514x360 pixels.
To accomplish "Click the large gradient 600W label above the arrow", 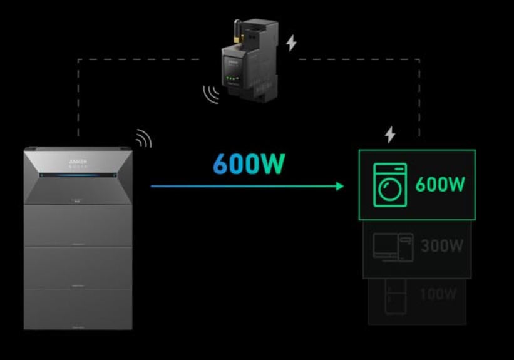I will [x=249, y=164].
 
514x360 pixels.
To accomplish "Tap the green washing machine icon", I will [x=390, y=185].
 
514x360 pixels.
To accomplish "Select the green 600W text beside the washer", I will [x=441, y=185].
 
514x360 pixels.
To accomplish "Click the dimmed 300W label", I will [x=442, y=246].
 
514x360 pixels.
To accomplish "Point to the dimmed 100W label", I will [x=438, y=294].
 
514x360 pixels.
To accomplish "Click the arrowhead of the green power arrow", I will [x=339, y=186].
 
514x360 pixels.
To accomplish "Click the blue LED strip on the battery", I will [x=78, y=175].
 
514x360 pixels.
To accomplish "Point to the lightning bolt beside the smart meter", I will [x=291, y=43].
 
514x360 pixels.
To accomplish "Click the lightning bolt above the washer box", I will [x=390, y=134].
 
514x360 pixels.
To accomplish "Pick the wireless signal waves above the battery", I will [x=143, y=138].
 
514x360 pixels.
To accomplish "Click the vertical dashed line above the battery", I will [x=78, y=100].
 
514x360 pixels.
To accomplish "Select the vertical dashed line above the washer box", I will [x=419, y=100].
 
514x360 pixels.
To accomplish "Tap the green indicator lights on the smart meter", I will [x=237, y=79].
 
